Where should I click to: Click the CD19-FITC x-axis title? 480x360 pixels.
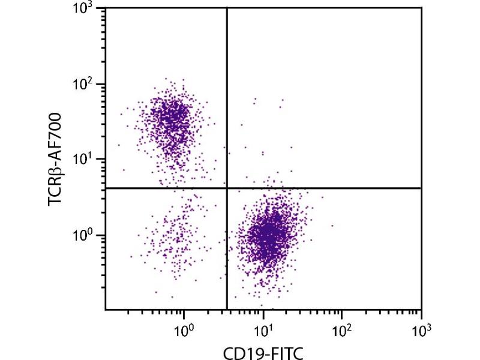263,351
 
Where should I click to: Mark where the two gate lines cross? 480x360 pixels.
227,188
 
